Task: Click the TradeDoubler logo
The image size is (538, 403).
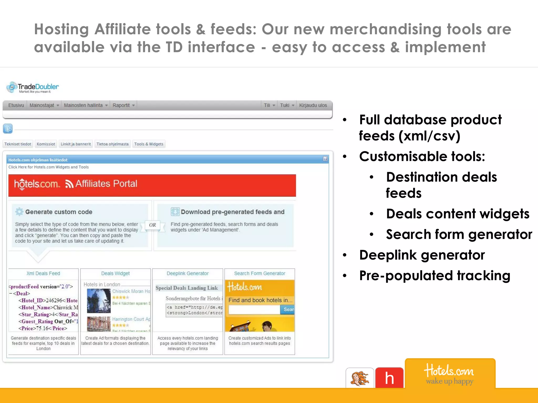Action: [33, 87]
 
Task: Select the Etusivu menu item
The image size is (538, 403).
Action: [16, 105]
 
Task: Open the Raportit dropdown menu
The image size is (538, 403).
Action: [123, 105]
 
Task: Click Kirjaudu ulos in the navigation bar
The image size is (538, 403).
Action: [313, 105]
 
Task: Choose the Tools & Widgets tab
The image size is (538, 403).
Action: [149, 144]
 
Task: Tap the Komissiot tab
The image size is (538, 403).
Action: [46, 144]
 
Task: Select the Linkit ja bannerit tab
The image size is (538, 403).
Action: [76, 144]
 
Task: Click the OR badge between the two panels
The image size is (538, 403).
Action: [152, 225]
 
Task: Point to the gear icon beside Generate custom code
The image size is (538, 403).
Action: [19, 212]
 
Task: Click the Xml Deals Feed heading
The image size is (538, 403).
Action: [43, 273]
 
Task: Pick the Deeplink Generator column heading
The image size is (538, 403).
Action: [188, 273]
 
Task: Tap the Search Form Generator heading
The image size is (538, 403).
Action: [260, 273]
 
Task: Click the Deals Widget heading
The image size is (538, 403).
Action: [115, 273]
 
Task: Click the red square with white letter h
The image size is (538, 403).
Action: [389, 378]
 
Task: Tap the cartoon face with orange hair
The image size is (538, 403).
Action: [360, 378]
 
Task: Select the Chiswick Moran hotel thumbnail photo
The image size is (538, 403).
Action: [99, 301]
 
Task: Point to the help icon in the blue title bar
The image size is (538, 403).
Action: [325, 159]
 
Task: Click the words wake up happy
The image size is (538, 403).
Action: [450, 381]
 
